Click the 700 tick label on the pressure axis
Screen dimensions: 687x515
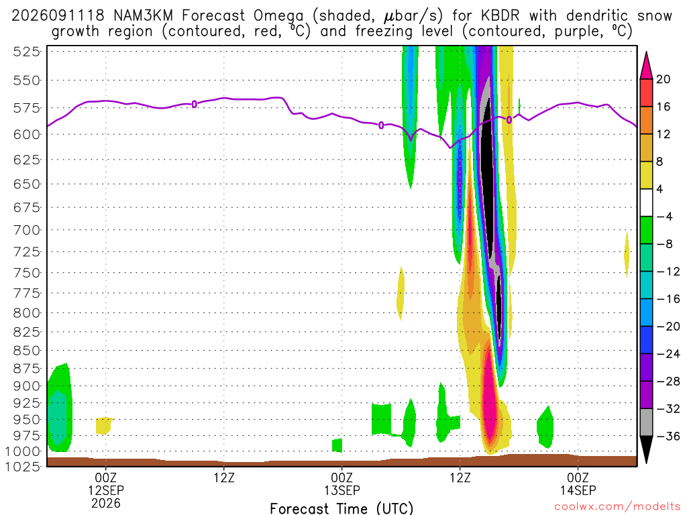click(x=27, y=229)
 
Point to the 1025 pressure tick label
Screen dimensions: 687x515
click(x=23, y=466)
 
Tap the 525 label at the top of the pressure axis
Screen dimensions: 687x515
click(x=27, y=52)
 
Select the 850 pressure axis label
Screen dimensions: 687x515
click(x=27, y=350)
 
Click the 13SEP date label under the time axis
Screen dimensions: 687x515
click(x=341, y=490)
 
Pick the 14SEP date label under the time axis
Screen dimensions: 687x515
click(x=578, y=490)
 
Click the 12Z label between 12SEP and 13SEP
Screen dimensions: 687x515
click(x=224, y=477)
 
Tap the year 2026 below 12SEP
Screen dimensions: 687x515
click(x=106, y=503)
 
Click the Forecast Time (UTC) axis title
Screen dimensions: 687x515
click(x=341, y=508)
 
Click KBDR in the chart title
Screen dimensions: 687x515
click(x=500, y=16)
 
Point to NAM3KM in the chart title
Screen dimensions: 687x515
click(x=143, y=16)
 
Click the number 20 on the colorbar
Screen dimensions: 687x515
click(x=663, y=79)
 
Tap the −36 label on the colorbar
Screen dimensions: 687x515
click(x=668, y=436)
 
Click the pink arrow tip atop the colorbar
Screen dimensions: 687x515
click(x=646, y=53)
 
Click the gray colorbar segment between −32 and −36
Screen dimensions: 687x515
click(x=646, y=422)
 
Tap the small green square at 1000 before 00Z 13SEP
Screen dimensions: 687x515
click(x=337, y=445)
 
